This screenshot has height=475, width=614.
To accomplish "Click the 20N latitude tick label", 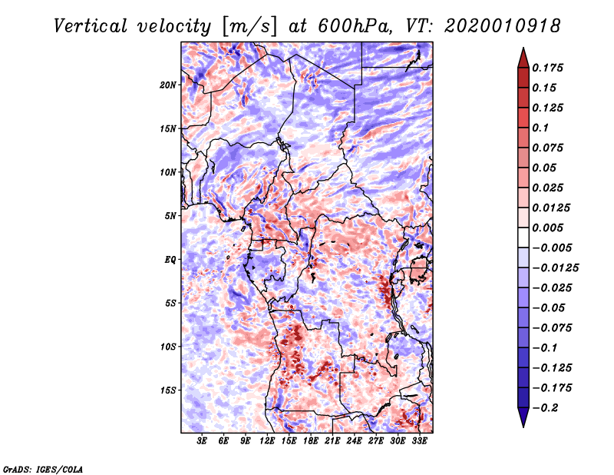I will (168, 85).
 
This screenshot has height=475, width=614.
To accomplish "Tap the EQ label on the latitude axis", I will (170, 260).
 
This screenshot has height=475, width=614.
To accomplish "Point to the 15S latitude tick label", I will (168, 390).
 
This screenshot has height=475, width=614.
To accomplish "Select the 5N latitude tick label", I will (170, 216).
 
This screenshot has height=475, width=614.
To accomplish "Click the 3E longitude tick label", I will (203, 441).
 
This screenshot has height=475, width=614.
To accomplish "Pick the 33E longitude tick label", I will (419, 441).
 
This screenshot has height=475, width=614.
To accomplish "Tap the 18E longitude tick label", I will (311, 441).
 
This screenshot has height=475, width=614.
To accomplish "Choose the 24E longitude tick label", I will (354, 441).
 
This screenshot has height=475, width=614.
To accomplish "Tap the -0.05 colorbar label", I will (550, 307).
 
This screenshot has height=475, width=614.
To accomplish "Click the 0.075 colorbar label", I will (550, 148).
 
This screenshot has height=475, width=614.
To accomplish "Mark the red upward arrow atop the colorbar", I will (523, 56).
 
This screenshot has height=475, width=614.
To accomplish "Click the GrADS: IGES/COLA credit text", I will (43, 467).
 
